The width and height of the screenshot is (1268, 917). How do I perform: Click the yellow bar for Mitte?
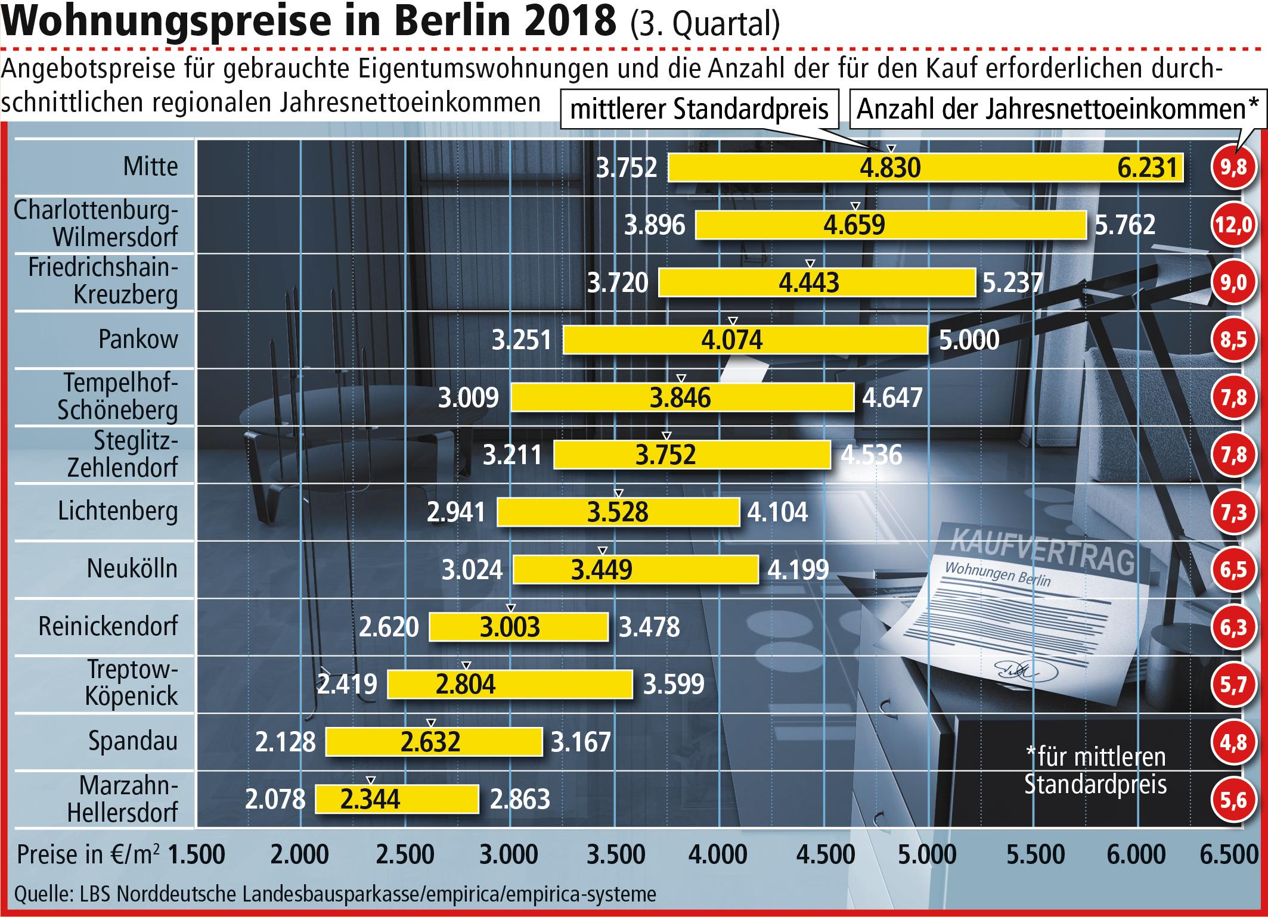pyautogui.click(x=925, y=167)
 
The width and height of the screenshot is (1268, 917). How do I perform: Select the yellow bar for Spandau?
pyautogui.click(x=434, y=742)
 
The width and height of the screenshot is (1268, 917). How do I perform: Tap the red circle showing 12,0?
pyautogui.click(x=1233, y=225)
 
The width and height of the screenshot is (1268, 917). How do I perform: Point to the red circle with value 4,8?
pyautogui.click(x=1233, y=742)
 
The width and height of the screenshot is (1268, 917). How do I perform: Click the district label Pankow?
pyautogui.click(x=138, y=339)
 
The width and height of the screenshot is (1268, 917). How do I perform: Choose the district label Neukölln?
pyautogui.click(x=132, y=569)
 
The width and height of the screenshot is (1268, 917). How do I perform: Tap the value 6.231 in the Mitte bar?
pyautogui.click(x=1148, y=168)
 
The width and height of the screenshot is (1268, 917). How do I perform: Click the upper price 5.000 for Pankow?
pyautogui.click(x=969, y=340)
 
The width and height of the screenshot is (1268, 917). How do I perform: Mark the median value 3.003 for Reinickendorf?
pyautogui.click(x=510, y=627)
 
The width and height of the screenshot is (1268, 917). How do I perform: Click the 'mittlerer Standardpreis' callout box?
pyautogui.click(x=699, y=109)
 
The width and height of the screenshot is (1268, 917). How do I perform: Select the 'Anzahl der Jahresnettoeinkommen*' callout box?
pyautogui.click(x=1057, y=109)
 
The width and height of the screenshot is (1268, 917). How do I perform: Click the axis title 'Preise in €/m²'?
pyautogui.click(x=88, y=855)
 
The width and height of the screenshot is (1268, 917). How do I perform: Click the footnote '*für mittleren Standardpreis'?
pyautogui.click(x=1095, y=771)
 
